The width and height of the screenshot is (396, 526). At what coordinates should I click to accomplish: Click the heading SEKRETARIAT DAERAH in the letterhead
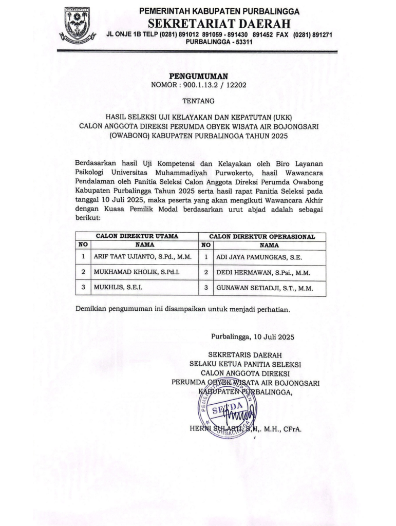click(219, 24)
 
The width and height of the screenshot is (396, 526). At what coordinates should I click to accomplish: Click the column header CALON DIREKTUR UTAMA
click(137, 236)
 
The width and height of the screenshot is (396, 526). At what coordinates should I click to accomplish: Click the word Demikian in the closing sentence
click(91, 310)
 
